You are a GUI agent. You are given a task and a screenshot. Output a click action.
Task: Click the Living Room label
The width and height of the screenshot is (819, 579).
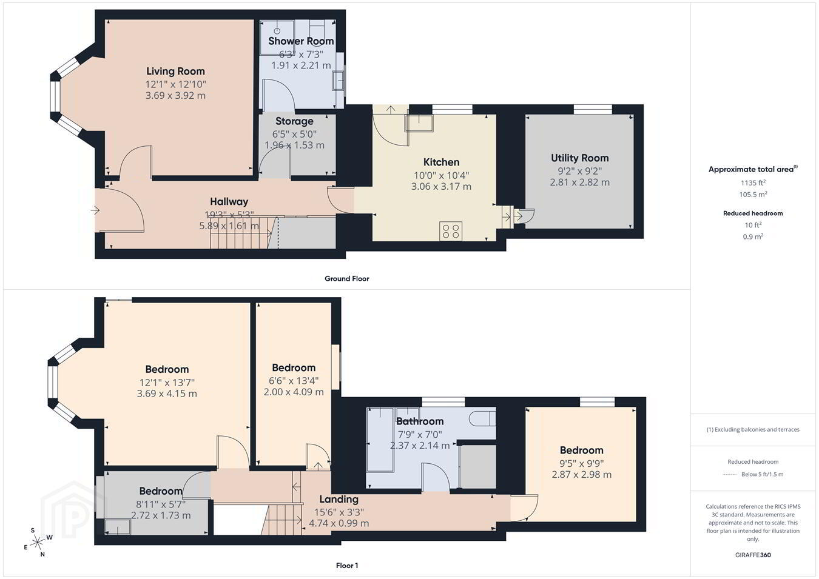175,71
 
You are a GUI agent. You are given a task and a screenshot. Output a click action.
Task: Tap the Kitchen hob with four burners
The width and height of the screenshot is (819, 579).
451,231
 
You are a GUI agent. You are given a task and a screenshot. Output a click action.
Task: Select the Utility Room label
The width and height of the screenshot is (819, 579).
580,158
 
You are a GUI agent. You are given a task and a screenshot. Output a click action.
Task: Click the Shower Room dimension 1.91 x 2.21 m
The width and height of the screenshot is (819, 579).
301,65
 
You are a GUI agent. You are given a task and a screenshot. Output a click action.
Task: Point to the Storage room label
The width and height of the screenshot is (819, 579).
294,121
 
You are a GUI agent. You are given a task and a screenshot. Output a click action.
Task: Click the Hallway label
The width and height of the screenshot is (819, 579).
229,201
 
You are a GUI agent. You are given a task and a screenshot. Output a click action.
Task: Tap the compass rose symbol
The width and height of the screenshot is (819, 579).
37,542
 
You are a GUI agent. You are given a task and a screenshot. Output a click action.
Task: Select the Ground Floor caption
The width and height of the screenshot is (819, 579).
347,279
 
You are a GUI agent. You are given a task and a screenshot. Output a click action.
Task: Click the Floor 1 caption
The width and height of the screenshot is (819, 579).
347,566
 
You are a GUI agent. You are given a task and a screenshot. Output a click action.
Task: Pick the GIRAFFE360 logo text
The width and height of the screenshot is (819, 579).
753,555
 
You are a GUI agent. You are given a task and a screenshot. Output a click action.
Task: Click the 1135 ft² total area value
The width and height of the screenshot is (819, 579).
753,182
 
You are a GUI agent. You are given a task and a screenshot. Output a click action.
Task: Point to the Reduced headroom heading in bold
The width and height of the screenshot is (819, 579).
753,213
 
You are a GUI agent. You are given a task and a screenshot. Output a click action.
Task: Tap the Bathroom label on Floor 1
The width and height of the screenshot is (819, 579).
420,421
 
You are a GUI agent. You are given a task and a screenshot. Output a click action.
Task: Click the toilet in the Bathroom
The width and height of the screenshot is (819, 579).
484,418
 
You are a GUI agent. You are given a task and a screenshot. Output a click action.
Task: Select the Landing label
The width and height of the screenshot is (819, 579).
339,499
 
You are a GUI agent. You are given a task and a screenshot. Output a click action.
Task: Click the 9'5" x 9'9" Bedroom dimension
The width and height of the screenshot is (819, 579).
581,463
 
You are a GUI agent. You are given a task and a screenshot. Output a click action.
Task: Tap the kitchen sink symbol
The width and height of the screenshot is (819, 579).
419,123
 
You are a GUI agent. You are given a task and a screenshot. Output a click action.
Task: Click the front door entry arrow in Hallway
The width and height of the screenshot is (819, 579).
95,210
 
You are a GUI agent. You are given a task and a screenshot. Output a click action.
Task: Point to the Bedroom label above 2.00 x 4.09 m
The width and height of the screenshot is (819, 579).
294,367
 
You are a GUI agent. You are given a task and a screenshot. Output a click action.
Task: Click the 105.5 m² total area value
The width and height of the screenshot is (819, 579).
753,195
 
